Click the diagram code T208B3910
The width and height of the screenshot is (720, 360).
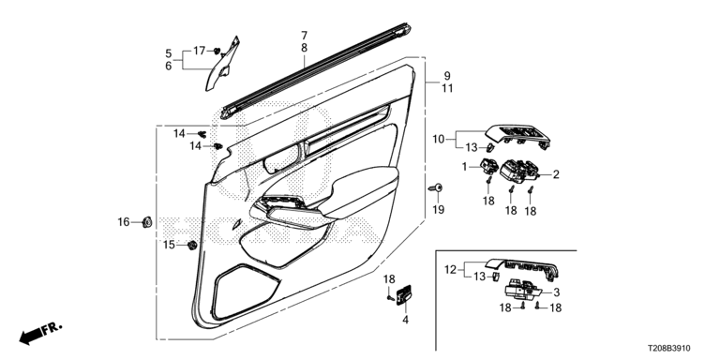669,349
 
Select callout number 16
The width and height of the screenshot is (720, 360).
124,222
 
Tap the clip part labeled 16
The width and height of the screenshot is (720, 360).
147,222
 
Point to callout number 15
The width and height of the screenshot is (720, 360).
169,245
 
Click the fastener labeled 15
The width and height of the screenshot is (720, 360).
192,246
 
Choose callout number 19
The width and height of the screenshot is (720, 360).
439,210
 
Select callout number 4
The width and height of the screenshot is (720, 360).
405,319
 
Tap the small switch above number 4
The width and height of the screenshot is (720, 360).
404,293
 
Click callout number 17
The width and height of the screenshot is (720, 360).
199,51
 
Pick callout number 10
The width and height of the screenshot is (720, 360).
439,138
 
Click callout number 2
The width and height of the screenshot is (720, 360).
556,174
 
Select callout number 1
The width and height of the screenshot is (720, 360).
464,167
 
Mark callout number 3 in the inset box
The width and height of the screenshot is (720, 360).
556,292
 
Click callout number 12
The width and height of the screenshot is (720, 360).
450,270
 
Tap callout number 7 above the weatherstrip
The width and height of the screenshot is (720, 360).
305,36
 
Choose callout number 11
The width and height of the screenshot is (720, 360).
447,88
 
